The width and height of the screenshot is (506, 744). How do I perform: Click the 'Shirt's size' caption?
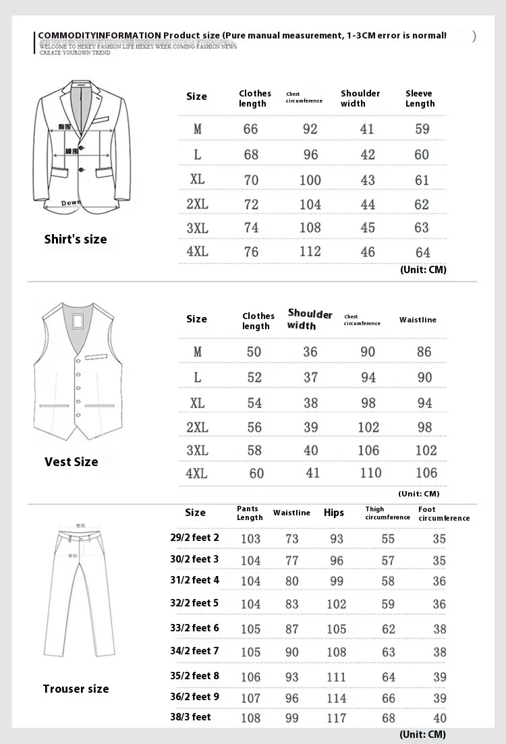click(76, 239)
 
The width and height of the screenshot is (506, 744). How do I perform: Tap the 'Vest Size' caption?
click(72, 462)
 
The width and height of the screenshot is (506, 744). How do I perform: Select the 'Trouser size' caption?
click(76, 689)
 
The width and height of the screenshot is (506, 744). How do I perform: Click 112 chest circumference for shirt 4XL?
click(310, 252)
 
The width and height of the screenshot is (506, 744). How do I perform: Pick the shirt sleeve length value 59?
click(422, 129)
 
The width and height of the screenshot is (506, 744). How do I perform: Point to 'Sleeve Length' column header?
click(420, 98)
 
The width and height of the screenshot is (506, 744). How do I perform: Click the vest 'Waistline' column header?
click(418, 320)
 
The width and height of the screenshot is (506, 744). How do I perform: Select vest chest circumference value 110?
click(370, 473)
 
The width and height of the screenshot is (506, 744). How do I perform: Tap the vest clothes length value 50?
click(254, 352)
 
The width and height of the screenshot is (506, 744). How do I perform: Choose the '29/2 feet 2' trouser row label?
click(194, 538)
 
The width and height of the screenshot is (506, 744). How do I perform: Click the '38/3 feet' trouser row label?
click(190, 716)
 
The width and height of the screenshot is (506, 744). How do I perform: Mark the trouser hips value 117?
click(336, 718)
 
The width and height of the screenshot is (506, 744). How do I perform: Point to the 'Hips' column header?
click(334, 513)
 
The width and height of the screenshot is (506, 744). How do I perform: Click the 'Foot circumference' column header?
click(443, 514)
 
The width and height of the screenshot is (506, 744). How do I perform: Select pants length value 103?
click(250, 539)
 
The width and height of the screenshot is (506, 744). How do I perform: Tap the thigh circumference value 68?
click(389, 718)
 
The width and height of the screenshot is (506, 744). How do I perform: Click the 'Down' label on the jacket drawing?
click(71, 202)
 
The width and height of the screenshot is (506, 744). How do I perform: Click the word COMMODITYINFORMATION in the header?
click(99, 35)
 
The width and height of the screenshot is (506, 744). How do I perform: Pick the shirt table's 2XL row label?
click(197, 204)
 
